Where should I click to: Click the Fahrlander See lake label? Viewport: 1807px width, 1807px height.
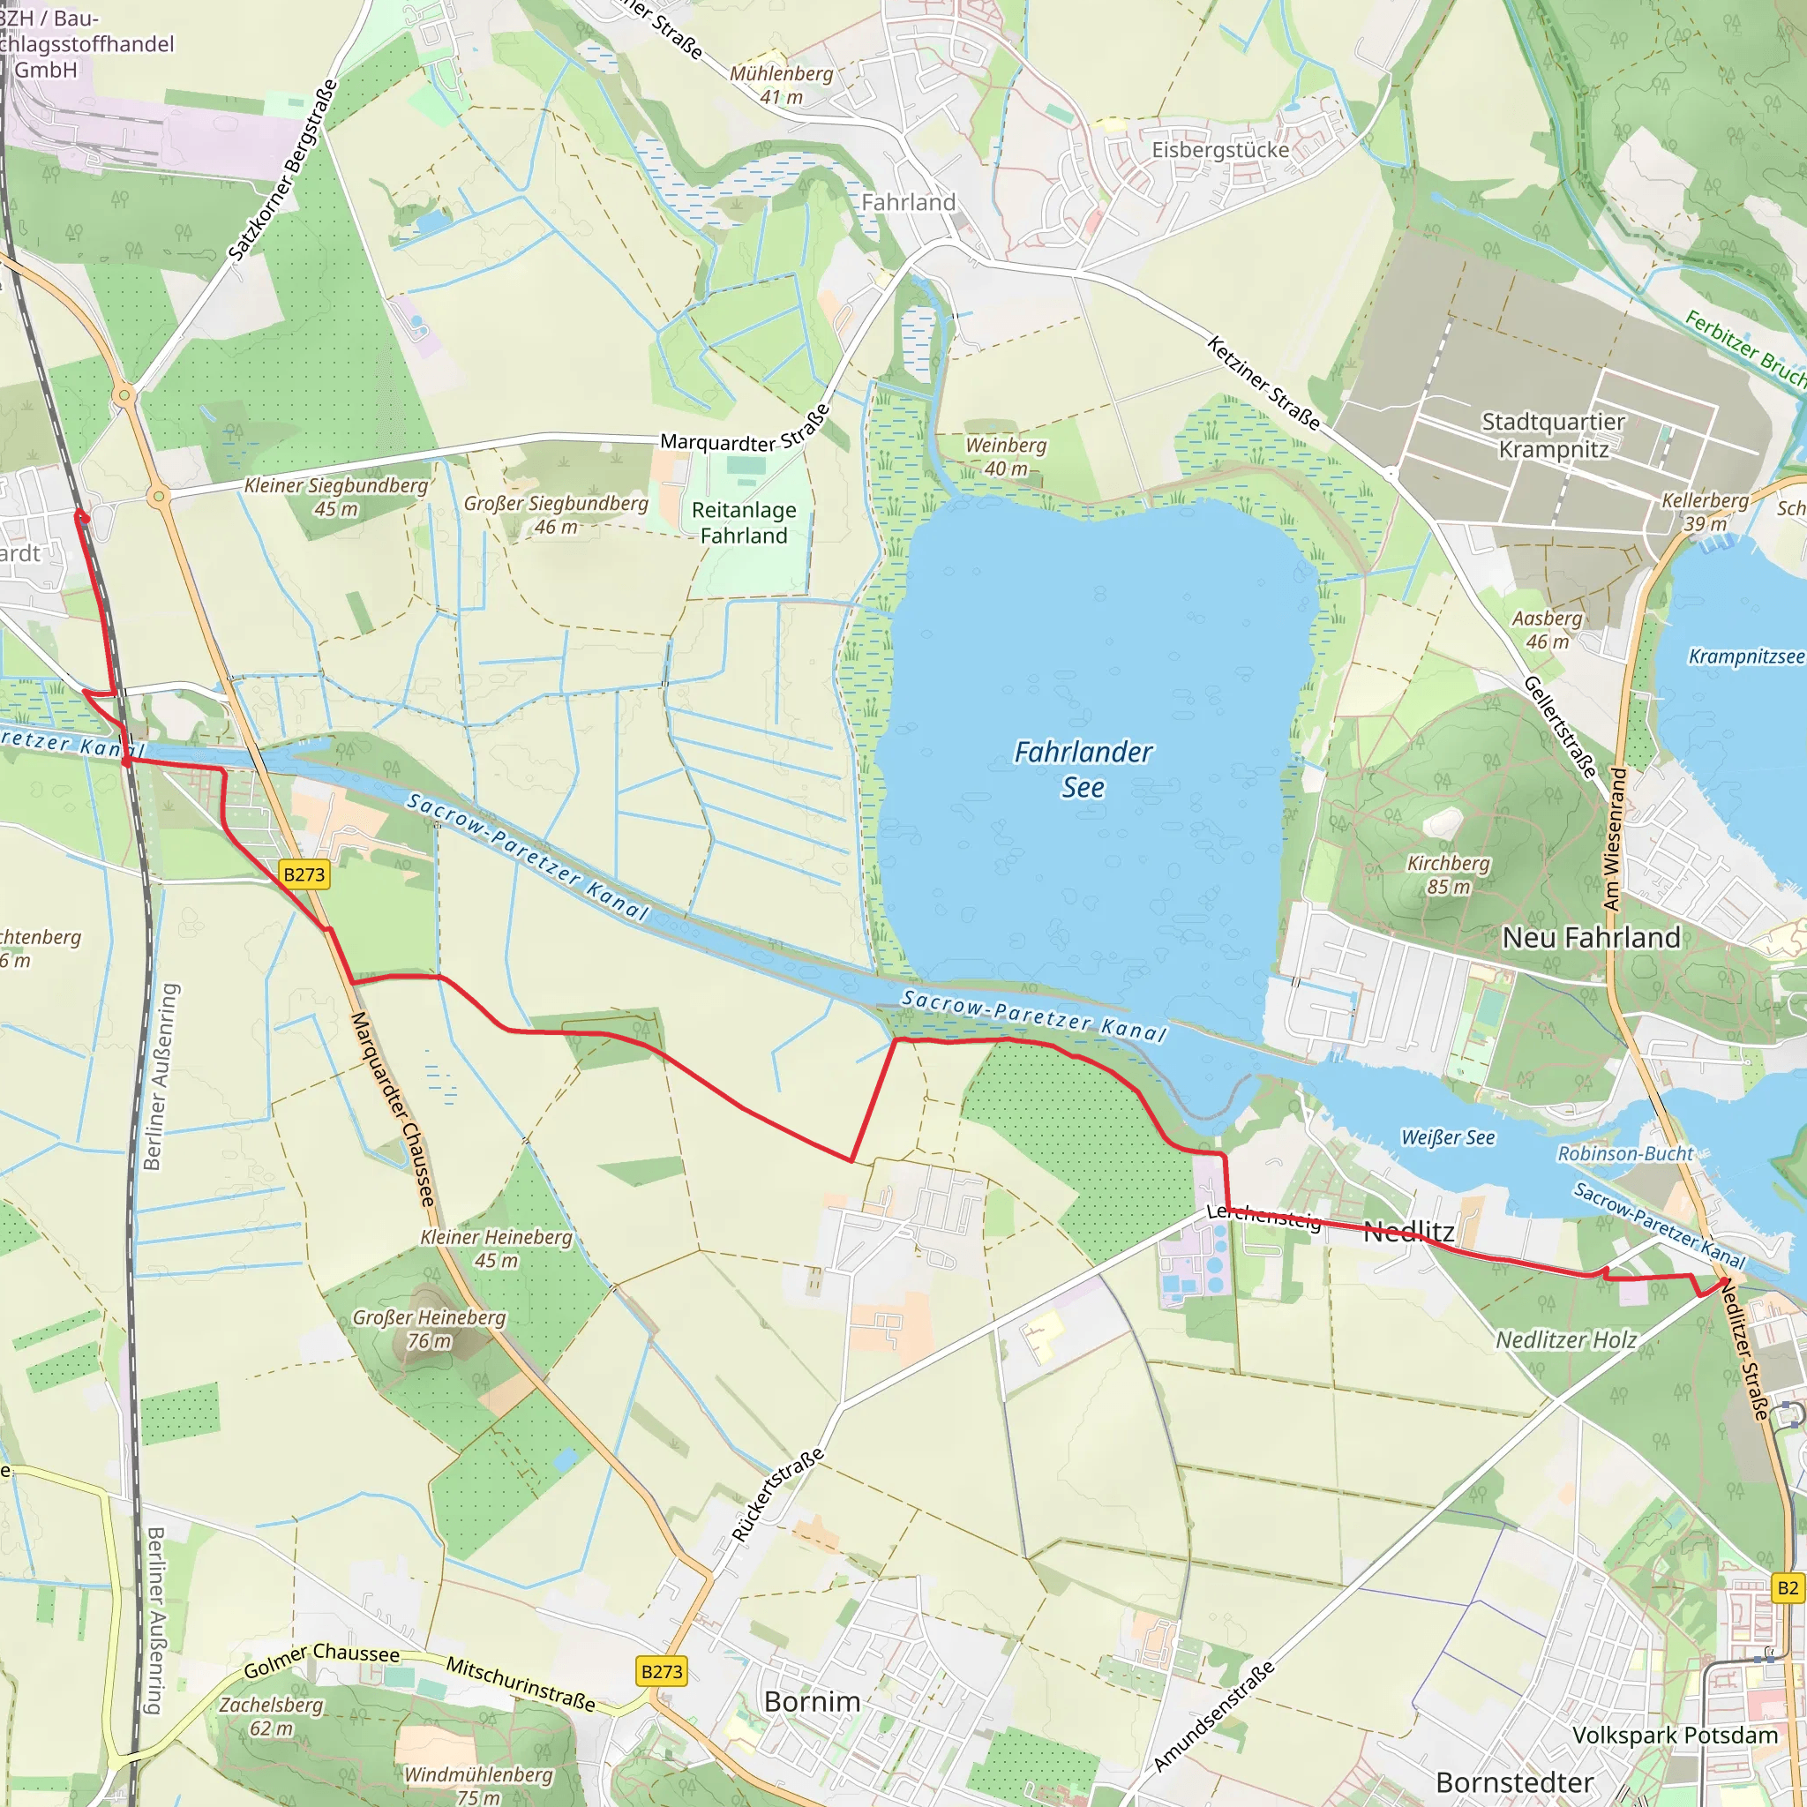pos(1083,769)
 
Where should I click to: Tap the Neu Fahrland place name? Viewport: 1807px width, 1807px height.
pos(1591,937)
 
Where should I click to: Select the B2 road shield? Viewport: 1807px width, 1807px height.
pos(1788,1587)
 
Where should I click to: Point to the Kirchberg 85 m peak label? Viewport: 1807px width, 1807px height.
pos(1448,874)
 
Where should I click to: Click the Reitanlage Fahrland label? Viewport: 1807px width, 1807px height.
pos(744,523)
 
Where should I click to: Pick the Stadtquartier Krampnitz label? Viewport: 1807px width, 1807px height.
pos(1554,435)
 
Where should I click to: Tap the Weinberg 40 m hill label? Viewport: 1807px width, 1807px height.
pos(1006,456)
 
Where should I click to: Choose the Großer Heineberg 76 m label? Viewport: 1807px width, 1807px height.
pos(430,1329)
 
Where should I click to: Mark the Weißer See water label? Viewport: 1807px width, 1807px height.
pos(1448,1137)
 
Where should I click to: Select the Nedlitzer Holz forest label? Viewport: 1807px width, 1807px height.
pos(1566,1340)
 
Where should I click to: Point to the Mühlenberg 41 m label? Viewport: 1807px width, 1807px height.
pos(781,84)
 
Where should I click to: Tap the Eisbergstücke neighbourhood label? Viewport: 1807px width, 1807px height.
pos(1219,150)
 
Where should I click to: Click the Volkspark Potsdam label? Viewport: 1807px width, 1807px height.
pos(1674,1735)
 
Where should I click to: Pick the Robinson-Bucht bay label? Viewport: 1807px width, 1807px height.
pos(1624,1153)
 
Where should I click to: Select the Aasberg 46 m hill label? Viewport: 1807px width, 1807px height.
pos(1547,629)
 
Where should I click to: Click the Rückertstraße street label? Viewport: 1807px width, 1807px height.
pos(778,1494)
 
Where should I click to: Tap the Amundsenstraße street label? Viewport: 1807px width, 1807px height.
pos(1213,1715)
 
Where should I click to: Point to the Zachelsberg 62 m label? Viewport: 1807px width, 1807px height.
pos(271,1716)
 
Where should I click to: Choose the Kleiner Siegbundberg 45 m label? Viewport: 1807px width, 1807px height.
pos(336,497)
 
